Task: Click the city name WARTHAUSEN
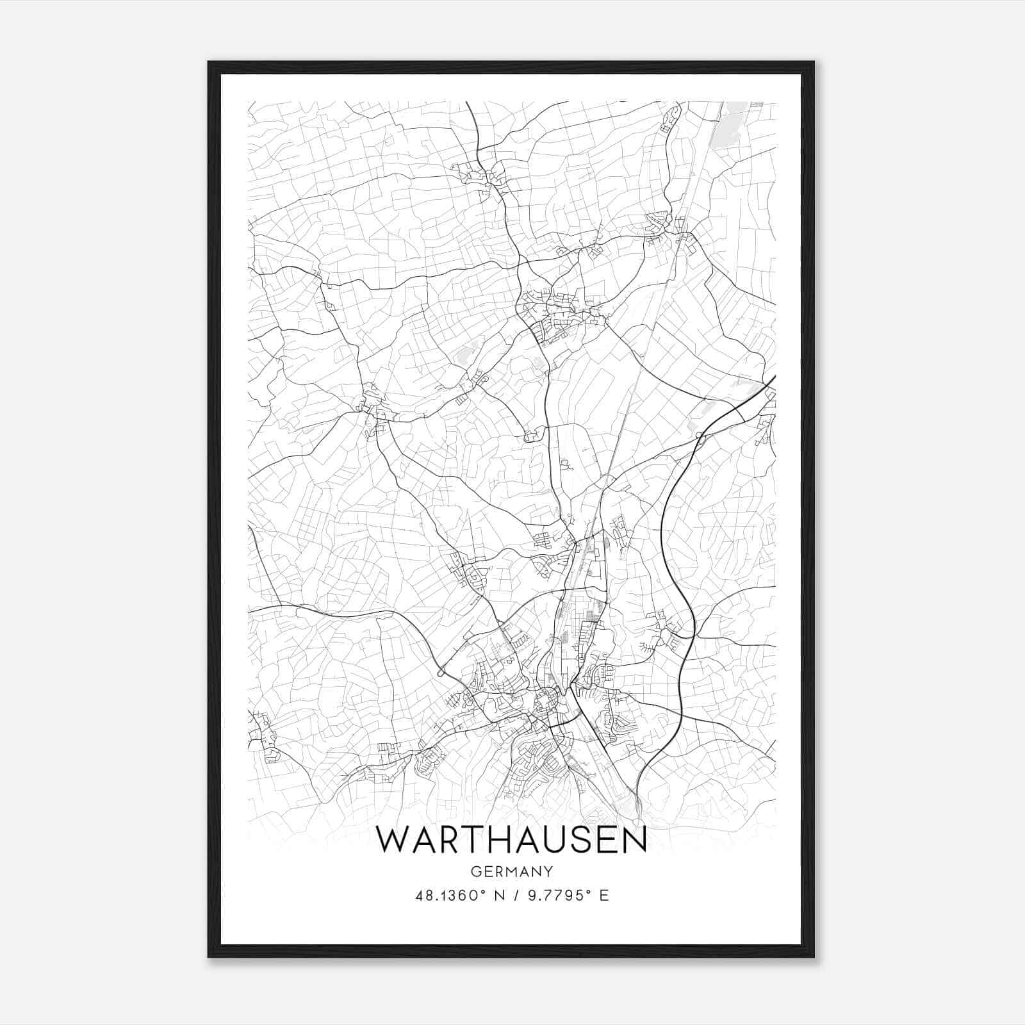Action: [511, 839]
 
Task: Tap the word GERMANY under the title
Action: [511, 871]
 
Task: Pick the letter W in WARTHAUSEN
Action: [392, 839]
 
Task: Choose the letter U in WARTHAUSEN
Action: [560, 839]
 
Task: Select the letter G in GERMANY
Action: [475, 871]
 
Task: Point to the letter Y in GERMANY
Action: [548, 871]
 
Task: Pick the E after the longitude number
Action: [603, 896]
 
